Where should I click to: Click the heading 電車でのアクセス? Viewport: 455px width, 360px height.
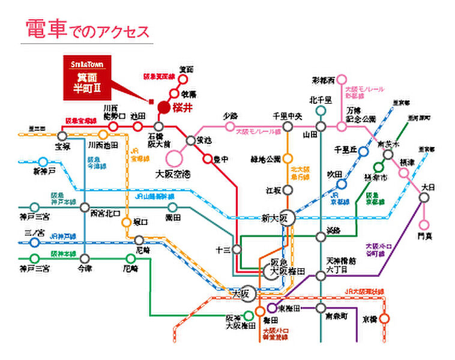(x=87, y=30)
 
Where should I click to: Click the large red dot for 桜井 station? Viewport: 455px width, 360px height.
(x=163, y=107)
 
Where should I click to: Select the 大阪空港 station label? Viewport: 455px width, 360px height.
(x=172, y=174)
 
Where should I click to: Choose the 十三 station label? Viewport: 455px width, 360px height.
(x=222, y=248)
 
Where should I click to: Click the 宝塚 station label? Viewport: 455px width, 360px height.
(x=62, y=146)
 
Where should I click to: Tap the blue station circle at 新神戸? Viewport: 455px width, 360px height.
(x=43, y=162)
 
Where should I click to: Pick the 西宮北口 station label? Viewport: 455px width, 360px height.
(x=105, y=213)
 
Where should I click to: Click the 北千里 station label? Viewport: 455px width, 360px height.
(x=321, y=101)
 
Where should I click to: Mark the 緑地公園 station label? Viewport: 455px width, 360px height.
(x=266, y=160)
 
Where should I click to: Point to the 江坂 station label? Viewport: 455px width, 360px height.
(x=273, y=190)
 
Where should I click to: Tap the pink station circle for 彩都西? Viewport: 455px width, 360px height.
(x=342, y=79)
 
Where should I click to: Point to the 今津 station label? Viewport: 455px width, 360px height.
(x=85, y=270)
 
